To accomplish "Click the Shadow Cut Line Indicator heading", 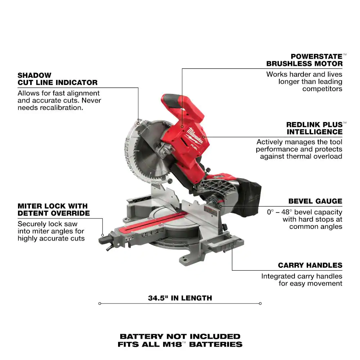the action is click(x=57, y=79).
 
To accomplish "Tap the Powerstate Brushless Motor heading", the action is click(x=305, y=60).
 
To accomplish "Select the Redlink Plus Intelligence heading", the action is click(x=315, y=128).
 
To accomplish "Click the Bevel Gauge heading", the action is click(x=315, y=201).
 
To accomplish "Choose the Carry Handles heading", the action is click(x=310, y=265).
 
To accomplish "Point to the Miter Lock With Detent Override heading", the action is click(x=54, y=210).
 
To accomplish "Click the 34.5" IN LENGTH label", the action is click(x=180, y=298).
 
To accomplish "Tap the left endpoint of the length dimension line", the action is click(x=100, y=303).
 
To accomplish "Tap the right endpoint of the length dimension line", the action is click(x=260, y=303).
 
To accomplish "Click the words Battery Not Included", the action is click(x=180, y=336).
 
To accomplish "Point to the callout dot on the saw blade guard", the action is click(x=138, y=123).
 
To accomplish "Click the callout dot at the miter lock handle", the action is click(x=103, y=235).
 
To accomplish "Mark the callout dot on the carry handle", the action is click(x=232, y=247).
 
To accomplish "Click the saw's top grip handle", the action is click(x=181, y=103).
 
